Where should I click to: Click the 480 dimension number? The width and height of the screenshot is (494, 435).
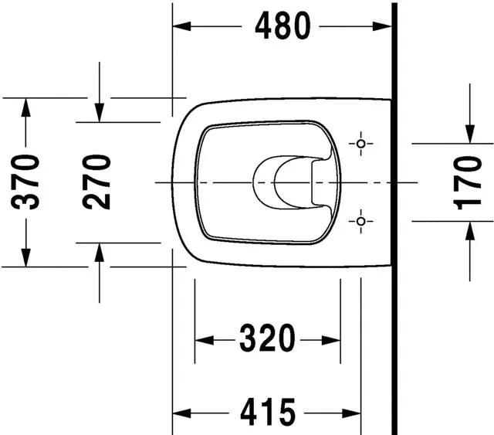point(283,25)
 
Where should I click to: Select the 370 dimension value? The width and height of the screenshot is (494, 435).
point(25,182)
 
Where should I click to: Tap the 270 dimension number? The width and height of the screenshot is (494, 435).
point(96,182)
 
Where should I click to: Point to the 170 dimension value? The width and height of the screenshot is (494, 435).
point(467,183)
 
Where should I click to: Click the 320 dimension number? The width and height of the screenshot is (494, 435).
point(268,338)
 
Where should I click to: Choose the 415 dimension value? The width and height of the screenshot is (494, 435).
point(268,412)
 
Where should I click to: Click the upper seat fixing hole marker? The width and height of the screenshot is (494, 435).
point(361,144)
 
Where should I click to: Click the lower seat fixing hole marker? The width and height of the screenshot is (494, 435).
point(361,222)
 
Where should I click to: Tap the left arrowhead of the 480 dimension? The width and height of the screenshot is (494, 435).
point(182,26)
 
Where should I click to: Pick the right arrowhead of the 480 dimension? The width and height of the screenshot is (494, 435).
point(382,26)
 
